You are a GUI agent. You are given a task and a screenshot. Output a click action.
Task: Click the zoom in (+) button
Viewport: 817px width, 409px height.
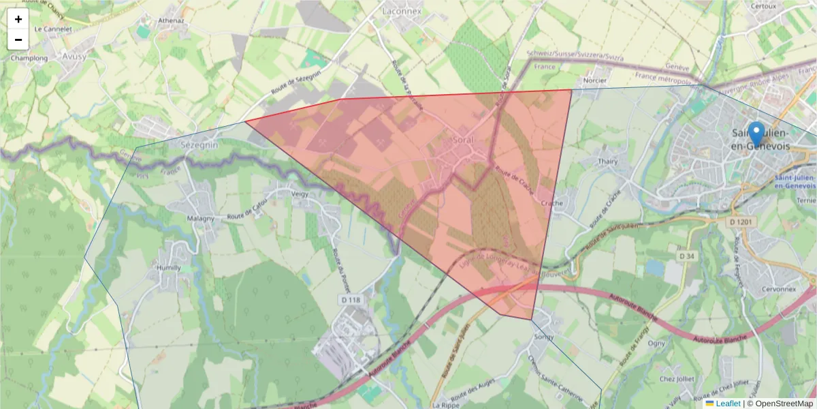[x=18, y=19]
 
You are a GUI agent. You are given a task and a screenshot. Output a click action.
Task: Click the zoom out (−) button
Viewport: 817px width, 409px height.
[x=18, y=40]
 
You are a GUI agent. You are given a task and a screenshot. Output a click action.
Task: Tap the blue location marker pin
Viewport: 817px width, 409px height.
[x=756, y=134]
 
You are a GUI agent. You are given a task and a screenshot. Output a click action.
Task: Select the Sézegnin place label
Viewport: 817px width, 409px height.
[x=199, y=145]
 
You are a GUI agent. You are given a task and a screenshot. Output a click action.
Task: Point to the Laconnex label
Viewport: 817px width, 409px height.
[x=402, y=12]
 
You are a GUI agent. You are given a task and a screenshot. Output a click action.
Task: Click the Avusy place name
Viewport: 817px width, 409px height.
[x=74, y=57]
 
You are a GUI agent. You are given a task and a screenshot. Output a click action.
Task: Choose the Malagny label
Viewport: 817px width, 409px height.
[x=200, y=218]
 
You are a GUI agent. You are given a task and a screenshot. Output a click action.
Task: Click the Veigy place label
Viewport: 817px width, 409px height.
[x=300, y=194]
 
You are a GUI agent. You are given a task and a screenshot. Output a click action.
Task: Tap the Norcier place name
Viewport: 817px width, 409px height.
[x=595, y=80]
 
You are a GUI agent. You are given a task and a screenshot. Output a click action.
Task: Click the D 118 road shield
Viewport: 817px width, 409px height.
[x=350, y=299]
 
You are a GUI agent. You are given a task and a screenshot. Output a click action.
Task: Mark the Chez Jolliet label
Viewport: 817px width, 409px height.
[x=676, y=379]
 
